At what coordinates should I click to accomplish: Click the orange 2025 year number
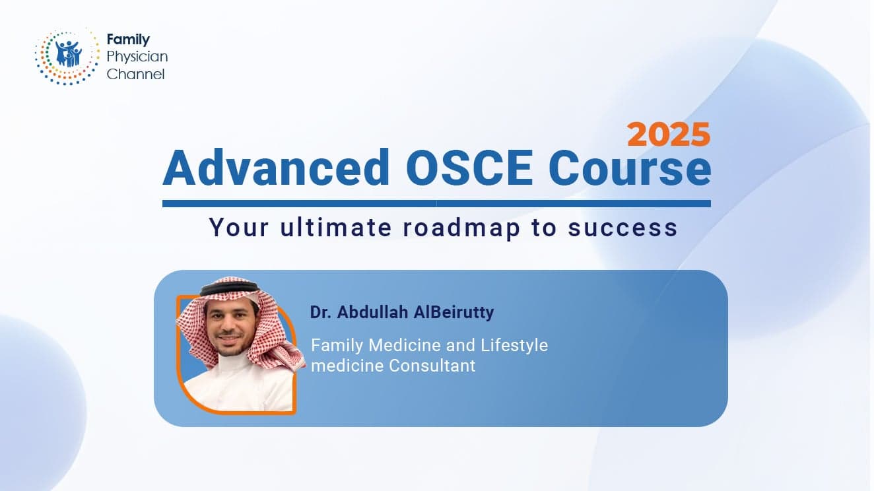(669, 135)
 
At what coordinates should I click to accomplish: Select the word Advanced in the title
(277, 168)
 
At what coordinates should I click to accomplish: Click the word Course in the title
(629, 168)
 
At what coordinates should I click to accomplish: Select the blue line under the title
(436, 204)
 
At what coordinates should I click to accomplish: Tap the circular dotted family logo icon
(67, 56)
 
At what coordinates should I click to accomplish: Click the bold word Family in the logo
(128, 40)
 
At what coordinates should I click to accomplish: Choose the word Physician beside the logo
(137, 57)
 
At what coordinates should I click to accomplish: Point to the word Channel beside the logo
(135, 74)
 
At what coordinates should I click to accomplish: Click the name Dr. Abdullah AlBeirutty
(402, 312)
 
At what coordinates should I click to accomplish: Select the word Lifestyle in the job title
(514, 345)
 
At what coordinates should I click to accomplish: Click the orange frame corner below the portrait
(198, 403)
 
